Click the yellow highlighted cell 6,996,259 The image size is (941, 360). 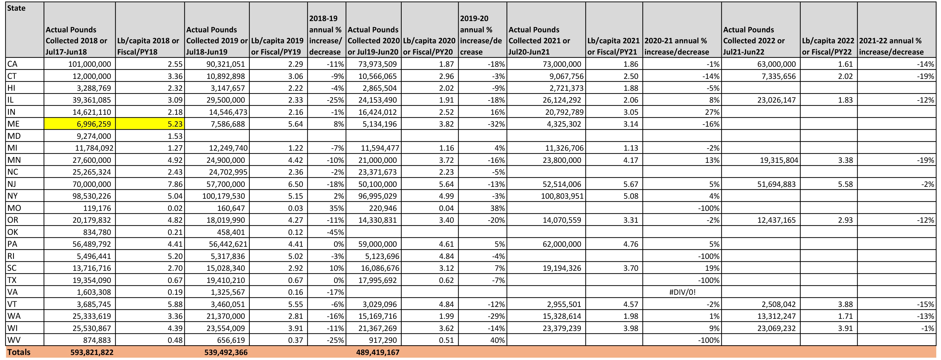80,124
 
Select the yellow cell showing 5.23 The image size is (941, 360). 150,124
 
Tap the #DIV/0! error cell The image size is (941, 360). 682,292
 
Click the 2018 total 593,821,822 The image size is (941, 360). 92,352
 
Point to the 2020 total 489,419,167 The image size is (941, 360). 378,352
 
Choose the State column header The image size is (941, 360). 16,8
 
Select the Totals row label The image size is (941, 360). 19,352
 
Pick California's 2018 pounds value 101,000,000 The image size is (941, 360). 90,64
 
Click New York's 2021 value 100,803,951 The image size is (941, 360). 562,196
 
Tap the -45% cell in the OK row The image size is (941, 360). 335,232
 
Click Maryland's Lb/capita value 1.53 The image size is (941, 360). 175,136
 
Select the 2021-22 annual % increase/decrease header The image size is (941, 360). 891,46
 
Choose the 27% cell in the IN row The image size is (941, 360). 712,112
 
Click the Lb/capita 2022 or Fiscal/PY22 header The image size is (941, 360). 828,46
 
